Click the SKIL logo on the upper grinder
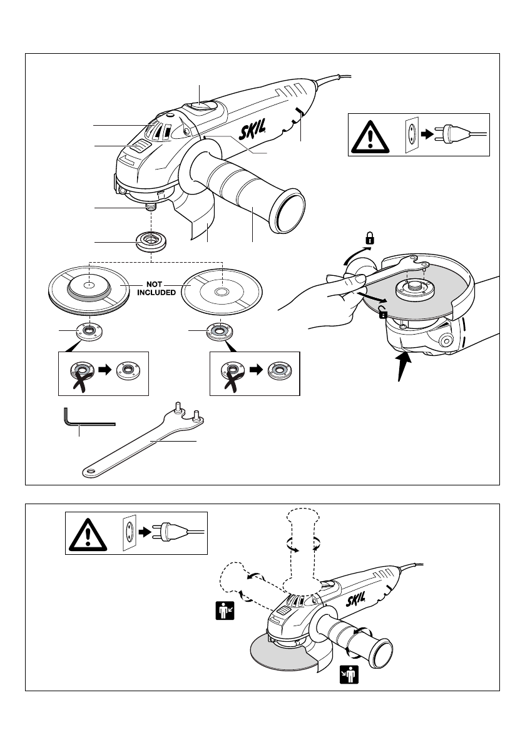[252, 129]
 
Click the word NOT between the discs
[155, 284]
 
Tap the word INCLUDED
[156, 293]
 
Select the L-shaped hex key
[89, 417]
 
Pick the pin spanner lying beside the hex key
[143, 440]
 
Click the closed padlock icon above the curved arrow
[370, 238]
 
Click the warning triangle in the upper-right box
[370, 137]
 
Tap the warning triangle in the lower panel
[88, 535]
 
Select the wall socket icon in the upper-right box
[412, 135]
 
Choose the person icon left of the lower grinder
[225, 611]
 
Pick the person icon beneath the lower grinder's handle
[349, 674]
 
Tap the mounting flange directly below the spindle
[151, 242]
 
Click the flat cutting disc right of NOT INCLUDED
[222, 292]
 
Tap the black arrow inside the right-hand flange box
[256, 370]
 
